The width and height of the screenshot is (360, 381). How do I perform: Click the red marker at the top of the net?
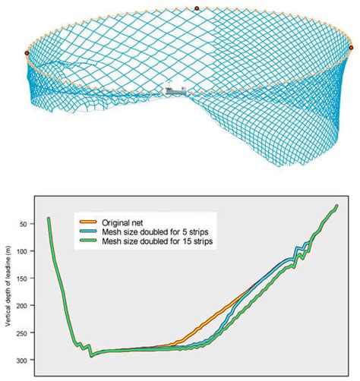click(x=197, y=8)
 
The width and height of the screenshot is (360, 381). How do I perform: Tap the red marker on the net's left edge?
click(x=27, y=53)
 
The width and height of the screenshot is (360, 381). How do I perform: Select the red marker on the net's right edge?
click(x=352, y=48)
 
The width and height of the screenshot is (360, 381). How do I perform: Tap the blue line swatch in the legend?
click(x=90, y=229)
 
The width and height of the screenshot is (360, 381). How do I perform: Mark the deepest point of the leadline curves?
click(x=91, y=355)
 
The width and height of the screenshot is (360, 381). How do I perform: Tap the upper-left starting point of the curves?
click(x=49, y=219)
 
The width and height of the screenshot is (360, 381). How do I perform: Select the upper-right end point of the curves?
click(x=336, y=206)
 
